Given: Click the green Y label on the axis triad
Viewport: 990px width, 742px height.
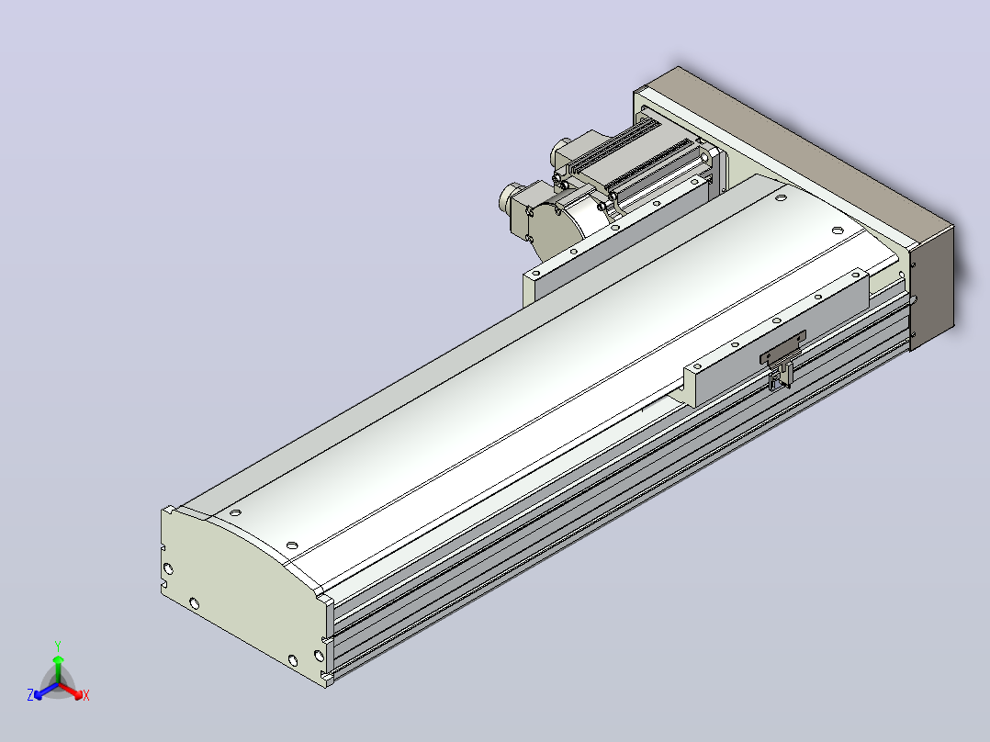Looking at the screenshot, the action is [x=58, y=646].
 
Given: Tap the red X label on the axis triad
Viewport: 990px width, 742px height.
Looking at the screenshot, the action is [x=86, y=695].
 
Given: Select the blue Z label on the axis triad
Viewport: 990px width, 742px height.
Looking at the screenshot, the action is [x=30, y=694].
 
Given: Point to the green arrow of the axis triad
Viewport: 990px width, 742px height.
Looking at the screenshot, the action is [x=58, y=669].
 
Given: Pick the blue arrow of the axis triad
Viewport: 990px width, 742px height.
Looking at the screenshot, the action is [x=46, y=691].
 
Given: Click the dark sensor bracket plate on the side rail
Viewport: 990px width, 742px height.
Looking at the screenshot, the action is [x=782, y=348].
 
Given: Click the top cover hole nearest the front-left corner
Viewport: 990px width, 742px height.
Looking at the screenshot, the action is [x=235, y=512].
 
